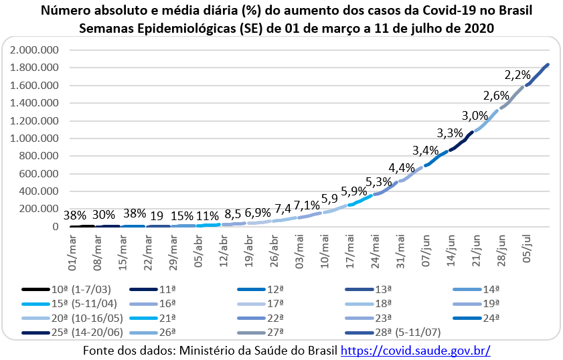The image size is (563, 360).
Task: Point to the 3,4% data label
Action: pos(426,149)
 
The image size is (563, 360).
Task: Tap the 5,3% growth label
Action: pos(379,182)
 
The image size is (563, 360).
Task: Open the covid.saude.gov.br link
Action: pos(416,350)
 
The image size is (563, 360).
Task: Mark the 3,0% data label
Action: pos(475,114)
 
